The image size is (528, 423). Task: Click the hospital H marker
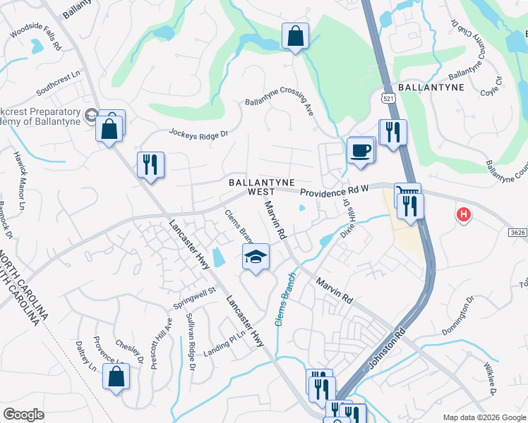coord(464,214)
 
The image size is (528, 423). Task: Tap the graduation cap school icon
coord(256,257)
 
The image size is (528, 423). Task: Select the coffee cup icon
coord(361,151)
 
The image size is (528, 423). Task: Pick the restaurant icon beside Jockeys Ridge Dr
coord(150,165)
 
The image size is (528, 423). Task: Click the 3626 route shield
coord(517,231)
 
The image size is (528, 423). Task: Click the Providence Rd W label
coord(334,192)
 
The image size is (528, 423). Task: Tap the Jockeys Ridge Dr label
coord(199,133)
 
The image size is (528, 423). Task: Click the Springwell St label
coord(194,299)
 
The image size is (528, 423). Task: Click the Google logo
coord(23,415)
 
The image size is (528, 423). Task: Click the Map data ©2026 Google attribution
coord(484,417)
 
